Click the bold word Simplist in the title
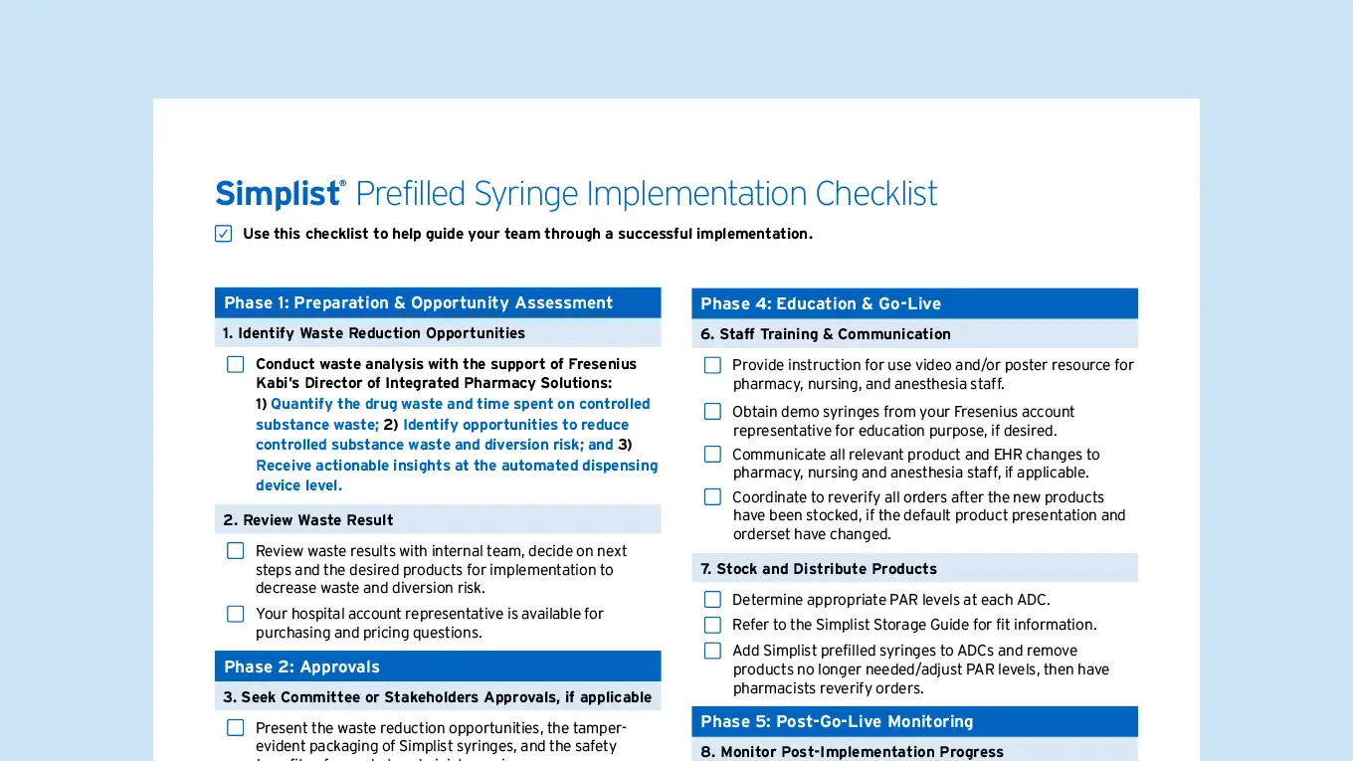(278, 194)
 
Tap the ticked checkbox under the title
(224, 233)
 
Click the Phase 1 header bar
(438, 302)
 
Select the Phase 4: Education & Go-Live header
(914, 303)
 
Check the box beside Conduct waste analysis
(236, 364)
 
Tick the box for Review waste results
(236, 551)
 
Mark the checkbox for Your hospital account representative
(236, 614)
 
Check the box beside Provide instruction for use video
(712, 365)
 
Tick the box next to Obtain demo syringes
(712, 411)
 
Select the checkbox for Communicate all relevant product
(712, 455)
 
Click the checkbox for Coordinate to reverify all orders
(712, 496)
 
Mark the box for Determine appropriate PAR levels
(712, 599)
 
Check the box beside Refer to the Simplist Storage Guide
(712, 625)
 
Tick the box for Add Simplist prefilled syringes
(712, 651)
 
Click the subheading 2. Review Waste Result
(308, 520)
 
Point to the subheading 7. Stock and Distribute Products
(819, 569)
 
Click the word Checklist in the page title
(875, 194)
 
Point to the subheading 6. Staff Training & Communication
(825, 334)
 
